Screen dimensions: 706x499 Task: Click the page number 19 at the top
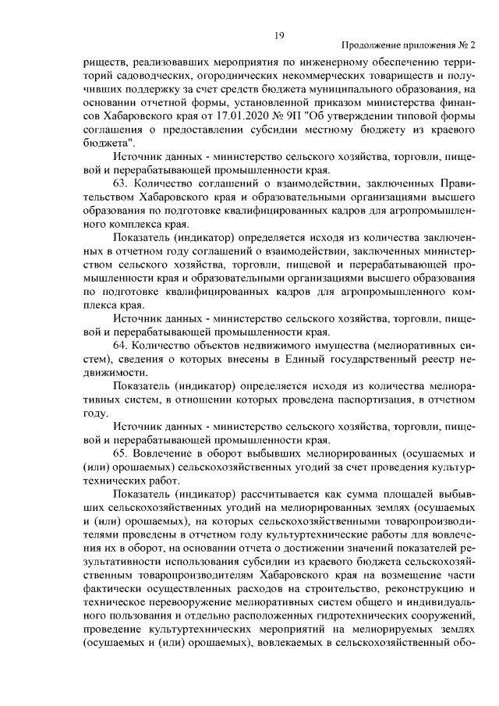click(x=279, y=34)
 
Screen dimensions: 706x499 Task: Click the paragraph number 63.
click(x=120, y=183)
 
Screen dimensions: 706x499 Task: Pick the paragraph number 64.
click(x=120, y=344)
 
